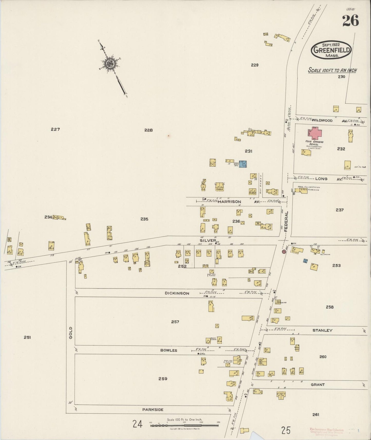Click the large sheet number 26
(350, 20)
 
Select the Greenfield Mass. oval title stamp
(331, 50)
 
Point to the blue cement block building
(243, 164)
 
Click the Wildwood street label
(322, 120)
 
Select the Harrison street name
(230, 202)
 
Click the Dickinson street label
(177, 293)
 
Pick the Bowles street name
(169, 350)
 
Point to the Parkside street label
(153, 410)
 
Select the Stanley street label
(322, 330)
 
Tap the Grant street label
(318, 385)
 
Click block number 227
(55, 129)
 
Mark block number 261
(316, 414)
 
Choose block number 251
(27, 337)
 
